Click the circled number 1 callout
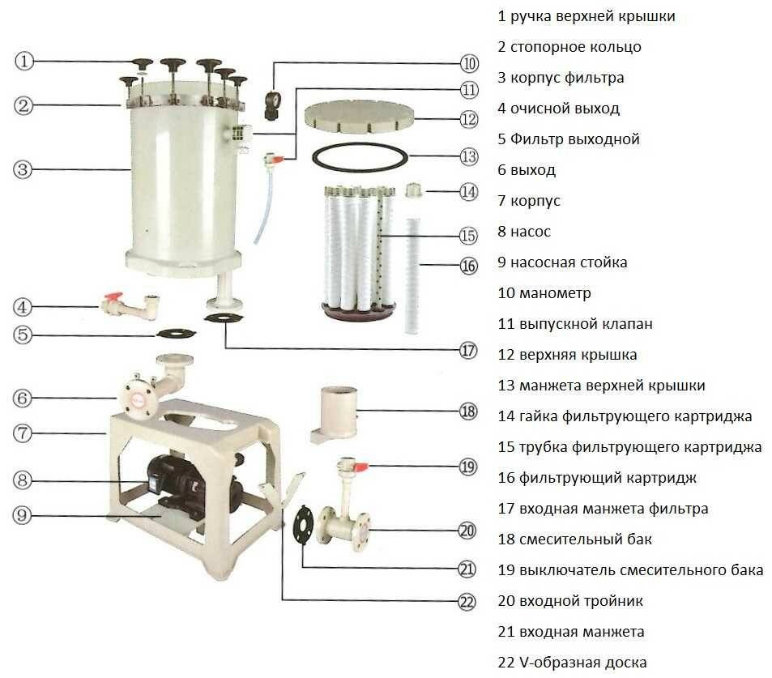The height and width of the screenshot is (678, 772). pyautogui.click(x=25, y=61)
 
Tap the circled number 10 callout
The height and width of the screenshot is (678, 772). pyautogui.click(x=470, y=63)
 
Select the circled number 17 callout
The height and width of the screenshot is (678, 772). pyautogui.click(x=467, y=351)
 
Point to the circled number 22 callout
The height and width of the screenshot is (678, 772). pyautogui.click(x=466, y=601)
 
